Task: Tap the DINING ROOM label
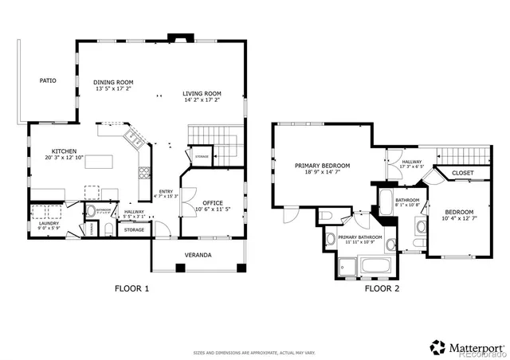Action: tap(113, 82)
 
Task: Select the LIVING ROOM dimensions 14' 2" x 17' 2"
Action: tap(202, 100)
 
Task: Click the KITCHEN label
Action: tap(65, 151)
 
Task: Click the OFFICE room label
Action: tap(212, 202)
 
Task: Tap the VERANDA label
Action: tap(198, 255)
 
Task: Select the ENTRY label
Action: tap(166, 191)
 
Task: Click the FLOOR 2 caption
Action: tap(382, 289)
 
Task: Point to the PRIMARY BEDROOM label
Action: tap(322, 166)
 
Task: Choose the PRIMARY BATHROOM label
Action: tap(359, 237)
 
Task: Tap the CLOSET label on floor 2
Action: tap(462, 173)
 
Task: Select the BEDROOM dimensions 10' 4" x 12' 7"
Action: tap(459, 219)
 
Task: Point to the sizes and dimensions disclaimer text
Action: tap(254, 352)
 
